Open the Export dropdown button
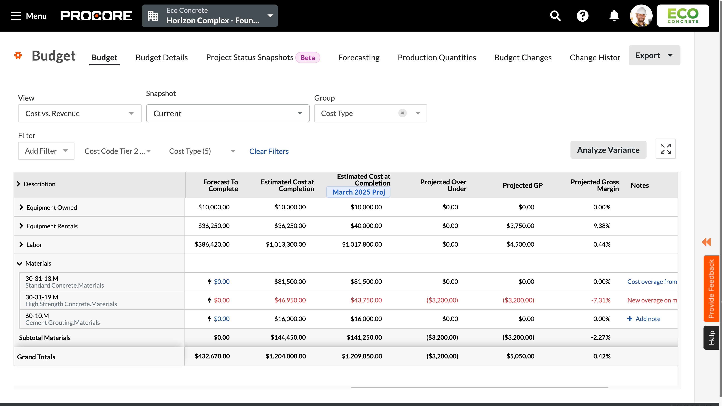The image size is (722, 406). (654, 55)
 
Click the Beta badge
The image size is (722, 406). (307, 58)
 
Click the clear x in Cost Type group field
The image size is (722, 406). (402, 113)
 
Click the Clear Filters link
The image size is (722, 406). (269, 151)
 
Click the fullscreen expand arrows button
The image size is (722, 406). (665, 149)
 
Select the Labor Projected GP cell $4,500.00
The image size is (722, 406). (520, 244)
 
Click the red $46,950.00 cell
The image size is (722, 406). (290, 300)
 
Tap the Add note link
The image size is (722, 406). (648, 319)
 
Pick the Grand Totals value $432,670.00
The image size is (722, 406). (212, 356)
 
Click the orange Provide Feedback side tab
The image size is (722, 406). (711, 289)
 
